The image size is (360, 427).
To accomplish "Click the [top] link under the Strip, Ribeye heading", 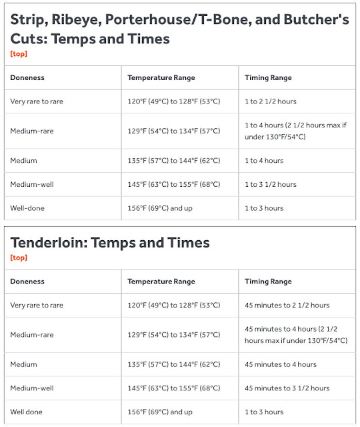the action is click(x=18, y=53).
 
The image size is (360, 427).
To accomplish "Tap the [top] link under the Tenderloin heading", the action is click(x=18, y=258).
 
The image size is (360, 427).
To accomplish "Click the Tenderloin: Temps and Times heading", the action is click(x=110, y=242).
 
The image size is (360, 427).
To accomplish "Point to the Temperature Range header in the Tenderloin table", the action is click(x=161, y=282).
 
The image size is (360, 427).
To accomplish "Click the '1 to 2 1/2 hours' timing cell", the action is click(x=271, y=101).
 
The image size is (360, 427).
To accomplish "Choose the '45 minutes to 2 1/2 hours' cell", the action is click(x=287, y=306).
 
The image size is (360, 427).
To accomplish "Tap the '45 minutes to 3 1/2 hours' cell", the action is click(x=287, y=388).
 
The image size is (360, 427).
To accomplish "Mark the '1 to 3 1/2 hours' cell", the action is click(x=271, y=184).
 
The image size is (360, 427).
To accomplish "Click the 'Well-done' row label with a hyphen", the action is click(x=27, y=208).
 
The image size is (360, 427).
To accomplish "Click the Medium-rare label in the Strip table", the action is click(x=31, y=131).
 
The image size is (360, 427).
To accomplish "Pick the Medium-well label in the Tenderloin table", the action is click(x=31, y=388).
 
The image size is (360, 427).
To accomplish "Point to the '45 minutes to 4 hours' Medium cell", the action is click(x=281, y=364).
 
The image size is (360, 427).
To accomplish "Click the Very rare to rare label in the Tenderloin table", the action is click(x=37, y=306).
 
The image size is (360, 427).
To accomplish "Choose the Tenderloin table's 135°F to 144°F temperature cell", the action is click(x=173, y=364).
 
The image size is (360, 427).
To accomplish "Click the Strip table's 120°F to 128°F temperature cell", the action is click(x=173, y=101).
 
